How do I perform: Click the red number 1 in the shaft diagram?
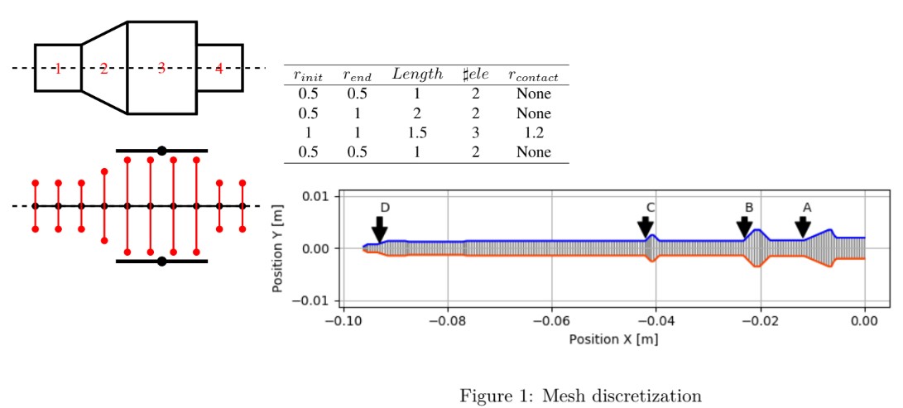[57, 68]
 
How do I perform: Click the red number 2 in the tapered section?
[103, 68]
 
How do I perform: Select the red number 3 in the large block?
[161, 68]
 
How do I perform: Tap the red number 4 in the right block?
[219, 68]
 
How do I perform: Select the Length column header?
[417, 74]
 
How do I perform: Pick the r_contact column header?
[533, 74]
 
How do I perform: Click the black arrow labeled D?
[379, 228]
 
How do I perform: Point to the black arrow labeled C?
[646, 226]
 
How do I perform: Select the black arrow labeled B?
[745, 226]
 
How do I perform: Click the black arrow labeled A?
[802, 226]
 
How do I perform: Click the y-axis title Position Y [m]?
[280, 248]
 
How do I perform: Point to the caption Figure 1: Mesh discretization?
[580, 396]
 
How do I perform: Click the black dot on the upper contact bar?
[162, 151]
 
